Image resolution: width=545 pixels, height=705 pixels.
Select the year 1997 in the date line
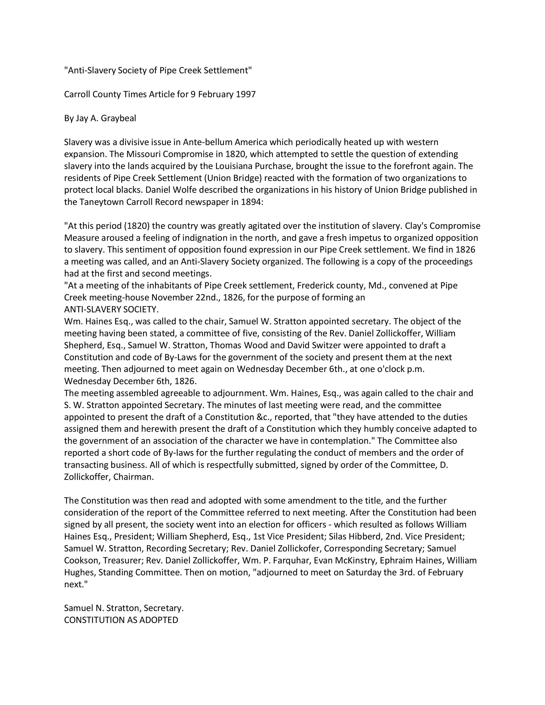[246, 95]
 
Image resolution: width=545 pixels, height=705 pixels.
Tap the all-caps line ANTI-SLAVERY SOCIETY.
[111, 309]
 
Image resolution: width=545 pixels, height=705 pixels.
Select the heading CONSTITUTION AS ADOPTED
[121, 620]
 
